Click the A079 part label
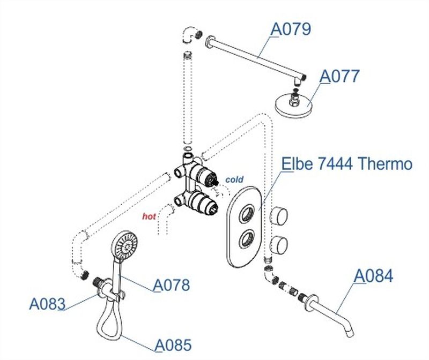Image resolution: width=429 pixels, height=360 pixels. (291, 29)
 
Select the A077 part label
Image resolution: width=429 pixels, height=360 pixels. (339, 76)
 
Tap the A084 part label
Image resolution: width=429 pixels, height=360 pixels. (373, 276)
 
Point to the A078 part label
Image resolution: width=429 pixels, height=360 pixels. (171, 285)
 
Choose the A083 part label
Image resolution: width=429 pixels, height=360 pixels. (47, 304)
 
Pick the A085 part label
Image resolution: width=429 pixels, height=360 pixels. (173, 345)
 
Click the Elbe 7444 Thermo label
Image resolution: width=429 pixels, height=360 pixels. (347, 164)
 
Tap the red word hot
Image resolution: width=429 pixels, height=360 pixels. (149, 216)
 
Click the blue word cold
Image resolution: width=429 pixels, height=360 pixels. (234, 179)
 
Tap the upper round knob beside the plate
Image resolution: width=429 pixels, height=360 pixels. (279, 215)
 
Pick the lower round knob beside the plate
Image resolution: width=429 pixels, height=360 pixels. (279, 244)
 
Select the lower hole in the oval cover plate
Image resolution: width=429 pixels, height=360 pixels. (247, 239)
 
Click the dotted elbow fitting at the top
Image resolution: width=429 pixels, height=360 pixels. (192, 35)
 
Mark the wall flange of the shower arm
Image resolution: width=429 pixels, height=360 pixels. (209, 42)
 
